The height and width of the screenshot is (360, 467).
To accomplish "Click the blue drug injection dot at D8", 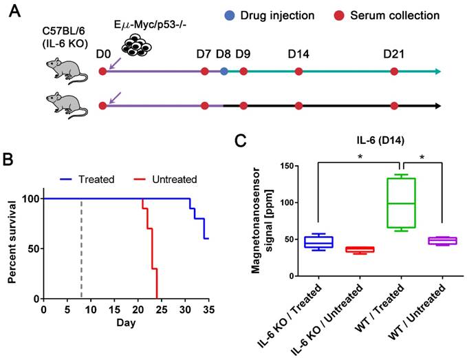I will coord(224,71).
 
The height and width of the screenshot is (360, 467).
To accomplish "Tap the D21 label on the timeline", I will coord(393,53).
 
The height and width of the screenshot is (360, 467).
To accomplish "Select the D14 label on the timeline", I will coord(298,53).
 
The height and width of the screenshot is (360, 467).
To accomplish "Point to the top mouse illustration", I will coord(67,71).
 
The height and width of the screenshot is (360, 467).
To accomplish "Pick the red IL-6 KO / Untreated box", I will coord(360,249).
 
